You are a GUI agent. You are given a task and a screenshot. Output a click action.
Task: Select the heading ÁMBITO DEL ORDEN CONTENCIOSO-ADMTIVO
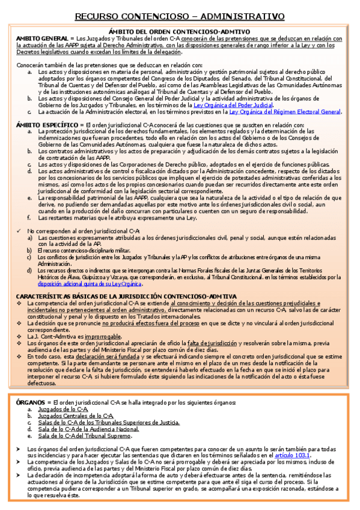click(180, 31)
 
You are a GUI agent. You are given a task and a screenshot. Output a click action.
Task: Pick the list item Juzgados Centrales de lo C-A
click(76, 416)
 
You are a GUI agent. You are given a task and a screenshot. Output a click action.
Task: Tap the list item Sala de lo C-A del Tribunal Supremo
click(85, 435)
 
